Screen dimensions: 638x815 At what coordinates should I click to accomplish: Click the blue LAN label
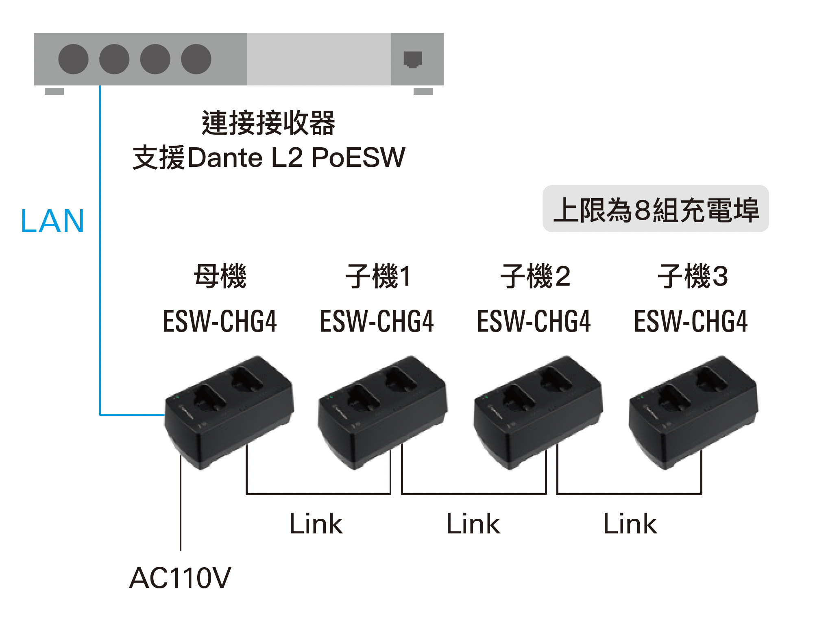(x=52, y=221)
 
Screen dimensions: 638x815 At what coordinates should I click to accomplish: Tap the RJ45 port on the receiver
(x=413, y=59)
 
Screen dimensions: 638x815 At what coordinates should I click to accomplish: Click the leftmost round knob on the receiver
(x=73, y=59)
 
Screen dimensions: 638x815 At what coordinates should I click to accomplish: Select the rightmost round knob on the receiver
(x=196, y=59)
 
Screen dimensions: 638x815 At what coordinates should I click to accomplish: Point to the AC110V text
(x=180, y=578)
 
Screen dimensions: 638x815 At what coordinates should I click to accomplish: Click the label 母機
(x=220, y=276)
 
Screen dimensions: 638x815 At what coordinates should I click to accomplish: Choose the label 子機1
(x=378, y=276)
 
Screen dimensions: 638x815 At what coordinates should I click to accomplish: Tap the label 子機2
(x=535, y=276)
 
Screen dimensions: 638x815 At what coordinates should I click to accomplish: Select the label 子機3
(x=693, y=276)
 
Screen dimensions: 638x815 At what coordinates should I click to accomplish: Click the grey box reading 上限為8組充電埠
(x=656, y=209)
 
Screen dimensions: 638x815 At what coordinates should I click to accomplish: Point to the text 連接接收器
(x=268, y=123)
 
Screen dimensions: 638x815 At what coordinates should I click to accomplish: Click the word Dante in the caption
(x=225, y=158)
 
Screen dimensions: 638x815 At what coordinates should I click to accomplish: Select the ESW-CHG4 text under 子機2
(x=534, y=321)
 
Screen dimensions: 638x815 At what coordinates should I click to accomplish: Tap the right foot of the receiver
(x=423, y=91)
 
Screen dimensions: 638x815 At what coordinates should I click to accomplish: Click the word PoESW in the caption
(x=358, y=158)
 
